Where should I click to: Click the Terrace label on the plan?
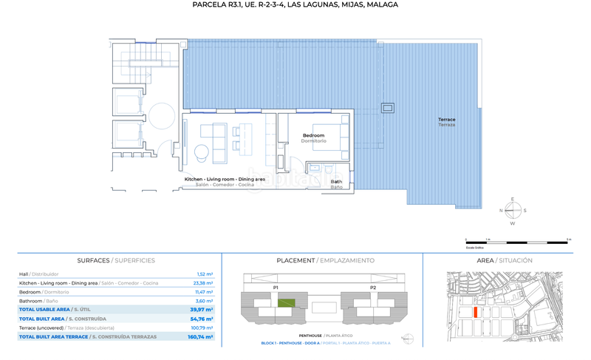pyautogui.click(x=446, y=120)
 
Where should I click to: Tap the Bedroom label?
pyautogui.click(x=318, y=135)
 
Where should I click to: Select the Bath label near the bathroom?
pyautogui.click(x=336, y=181)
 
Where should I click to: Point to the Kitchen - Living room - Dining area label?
pyautogui.click(x=225, y=180)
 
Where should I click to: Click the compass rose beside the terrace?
pyautogui.click(x=511, y=211)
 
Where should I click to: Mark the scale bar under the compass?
pyautogui.click(x=517, y=240)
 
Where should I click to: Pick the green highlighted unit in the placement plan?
pyautogui.click(x=286, y=302)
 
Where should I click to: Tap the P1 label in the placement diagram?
pyautogui.click(x=276, y=287)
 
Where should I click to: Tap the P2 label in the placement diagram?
pyautogui.click(x=373, y=287)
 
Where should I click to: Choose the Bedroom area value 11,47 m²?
pyautogui.click(x=205, y=292)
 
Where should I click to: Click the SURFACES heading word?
pyautogui.click(x=94, y=261)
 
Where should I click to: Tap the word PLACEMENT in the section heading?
pyautogui.click(x=295, y=261)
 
